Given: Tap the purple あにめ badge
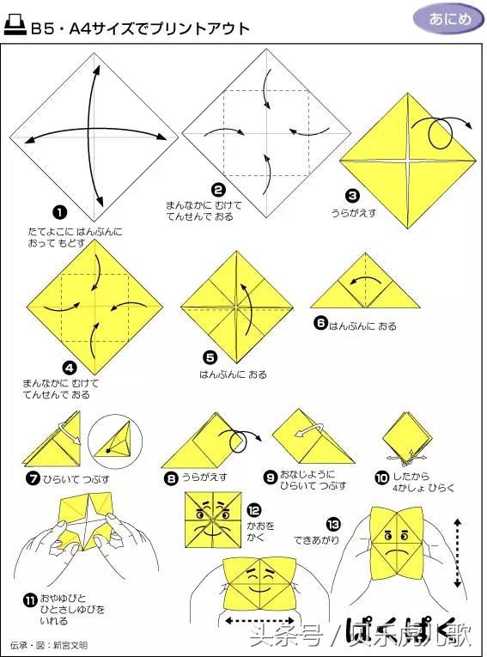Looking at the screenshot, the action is click(x=449, y=19).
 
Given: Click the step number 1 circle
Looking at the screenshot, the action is click(x=60, y=213).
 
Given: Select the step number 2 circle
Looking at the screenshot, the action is click(x=218, y=191).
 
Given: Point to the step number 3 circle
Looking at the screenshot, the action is click(x=352, y=195).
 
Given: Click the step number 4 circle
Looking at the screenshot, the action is click(x=70, y=368).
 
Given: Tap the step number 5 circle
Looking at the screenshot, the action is click(x=210, y=357).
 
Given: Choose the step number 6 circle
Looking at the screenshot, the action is click(x=320, y=323).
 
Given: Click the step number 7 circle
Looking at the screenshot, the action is click(x=33, y=478).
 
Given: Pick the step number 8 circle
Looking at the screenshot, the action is click(x=171, y=478).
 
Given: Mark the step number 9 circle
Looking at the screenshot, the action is click(x=271, y=477).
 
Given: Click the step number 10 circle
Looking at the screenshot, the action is click(x=382, y=478).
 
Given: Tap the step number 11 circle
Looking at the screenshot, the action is click(x=30, y=601).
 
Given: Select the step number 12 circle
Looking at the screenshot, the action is click(x=254, y=510).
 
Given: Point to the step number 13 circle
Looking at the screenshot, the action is click(x=333, y=525).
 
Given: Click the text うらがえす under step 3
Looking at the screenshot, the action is click(x=354, y=213).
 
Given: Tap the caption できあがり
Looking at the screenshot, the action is click(x=316, y=540).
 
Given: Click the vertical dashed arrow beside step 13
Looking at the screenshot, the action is click(x=457, y=553).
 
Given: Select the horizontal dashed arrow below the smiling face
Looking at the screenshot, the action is click(x=260, y=621).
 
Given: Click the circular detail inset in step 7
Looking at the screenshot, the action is click(x=115, y=441).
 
